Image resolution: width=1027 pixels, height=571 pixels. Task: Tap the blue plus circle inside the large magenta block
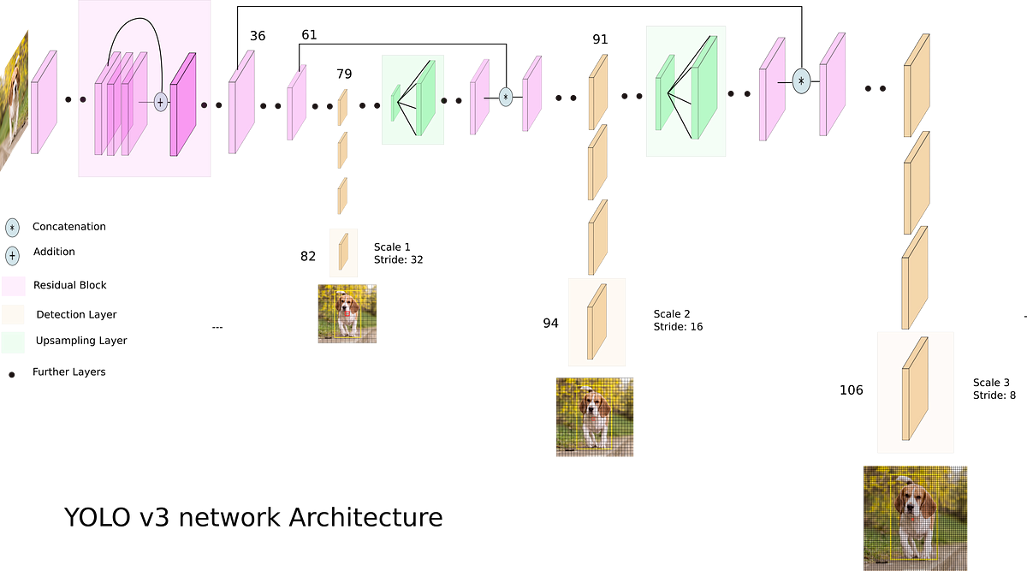click(x=159, y=101)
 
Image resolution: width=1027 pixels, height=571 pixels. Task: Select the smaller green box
click(x=413, y=99)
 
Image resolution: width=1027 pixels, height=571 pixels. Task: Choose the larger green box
click(x=686, y=92)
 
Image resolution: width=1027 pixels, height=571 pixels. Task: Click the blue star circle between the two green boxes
click(x=505, y=97)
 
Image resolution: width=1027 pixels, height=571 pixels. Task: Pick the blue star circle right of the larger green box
click(x=800, y=81)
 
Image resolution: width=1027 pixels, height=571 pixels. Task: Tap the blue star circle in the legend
click(x=12, y=228)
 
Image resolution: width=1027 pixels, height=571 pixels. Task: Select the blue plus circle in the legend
click(x=12, y=256)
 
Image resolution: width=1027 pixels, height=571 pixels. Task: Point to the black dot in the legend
click(x=12, y=374)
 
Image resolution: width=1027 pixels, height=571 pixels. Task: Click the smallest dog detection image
click(x=347, y=313)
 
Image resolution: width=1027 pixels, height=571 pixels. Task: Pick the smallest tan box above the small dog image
click(x=343, y=253)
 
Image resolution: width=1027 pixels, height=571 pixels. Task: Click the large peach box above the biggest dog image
click(x=915, y=391)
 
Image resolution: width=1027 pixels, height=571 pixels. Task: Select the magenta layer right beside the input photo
click(x=44, y=101)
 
